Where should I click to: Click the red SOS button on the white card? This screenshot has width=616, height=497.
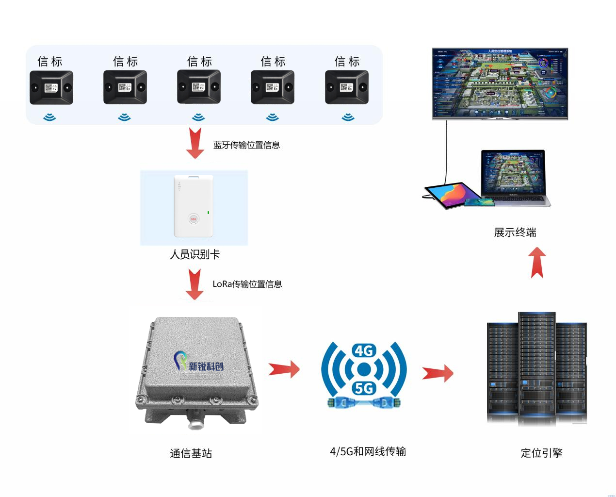click(194, 219)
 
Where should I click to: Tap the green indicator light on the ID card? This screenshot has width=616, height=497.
click(209, 212)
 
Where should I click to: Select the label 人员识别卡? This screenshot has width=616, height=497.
click(195, 254)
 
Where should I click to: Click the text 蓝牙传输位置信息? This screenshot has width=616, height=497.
click(246, 145)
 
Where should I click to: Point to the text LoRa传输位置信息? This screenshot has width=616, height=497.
click(247, 284)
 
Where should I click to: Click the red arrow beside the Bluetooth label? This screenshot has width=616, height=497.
click(195, 143)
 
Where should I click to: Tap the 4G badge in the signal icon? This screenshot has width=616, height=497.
click(364, 350)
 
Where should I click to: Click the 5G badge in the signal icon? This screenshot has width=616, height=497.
click(364, 388)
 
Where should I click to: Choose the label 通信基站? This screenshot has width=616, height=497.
click(191, 453)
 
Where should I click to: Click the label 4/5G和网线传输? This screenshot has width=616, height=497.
click(368, 451)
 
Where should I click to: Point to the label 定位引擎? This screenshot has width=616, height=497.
click(541, 453)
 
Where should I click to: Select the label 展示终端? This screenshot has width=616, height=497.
click(515, 232)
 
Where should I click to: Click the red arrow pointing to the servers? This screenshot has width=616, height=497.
click(438, 373)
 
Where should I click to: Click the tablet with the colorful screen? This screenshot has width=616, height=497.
click(445, 195)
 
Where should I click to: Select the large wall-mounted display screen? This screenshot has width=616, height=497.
click(500, 83)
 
